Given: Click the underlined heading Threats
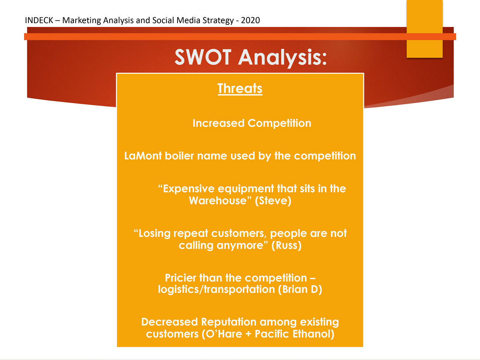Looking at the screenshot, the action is click(240, 89).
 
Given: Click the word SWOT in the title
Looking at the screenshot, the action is click(203, 57).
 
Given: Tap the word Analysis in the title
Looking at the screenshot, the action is click(282, 58).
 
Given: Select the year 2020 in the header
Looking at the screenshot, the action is click(250, 20).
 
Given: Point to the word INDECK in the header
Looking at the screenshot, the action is click(39, 20).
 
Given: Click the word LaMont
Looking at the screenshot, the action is click(143, 156).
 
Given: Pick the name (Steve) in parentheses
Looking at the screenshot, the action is click(273, 200).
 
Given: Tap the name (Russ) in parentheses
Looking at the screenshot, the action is click(287, 245).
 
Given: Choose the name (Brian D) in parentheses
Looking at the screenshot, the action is click(300, 289).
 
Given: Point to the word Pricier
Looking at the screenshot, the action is click(181, 278).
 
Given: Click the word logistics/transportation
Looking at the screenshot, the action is click(216, 289).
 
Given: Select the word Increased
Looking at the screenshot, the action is click(219, 123).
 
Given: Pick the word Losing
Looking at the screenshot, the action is click(152, 234).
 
